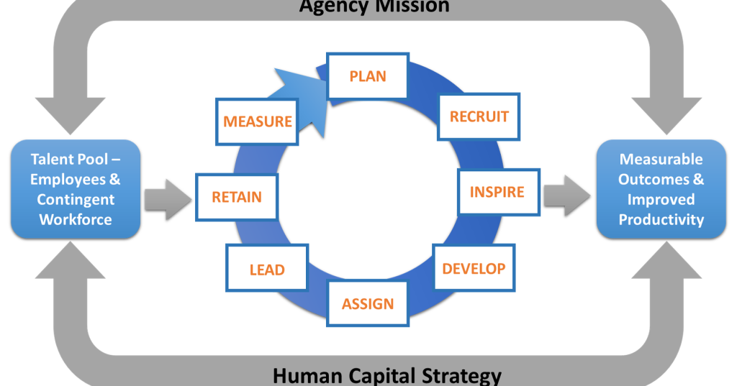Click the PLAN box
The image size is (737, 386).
368,75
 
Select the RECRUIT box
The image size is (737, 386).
479,116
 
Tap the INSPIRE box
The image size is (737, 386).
497,192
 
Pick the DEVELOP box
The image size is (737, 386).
474,268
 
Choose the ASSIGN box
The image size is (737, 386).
368,303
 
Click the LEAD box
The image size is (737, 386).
267,270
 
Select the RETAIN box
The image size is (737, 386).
236,196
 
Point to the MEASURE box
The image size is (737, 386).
257,121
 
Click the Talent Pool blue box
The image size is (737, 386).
76,189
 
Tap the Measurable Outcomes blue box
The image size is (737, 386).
661,189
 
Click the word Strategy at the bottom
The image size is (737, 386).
466,375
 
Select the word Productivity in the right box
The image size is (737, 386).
661,219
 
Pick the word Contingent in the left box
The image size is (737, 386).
76,199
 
